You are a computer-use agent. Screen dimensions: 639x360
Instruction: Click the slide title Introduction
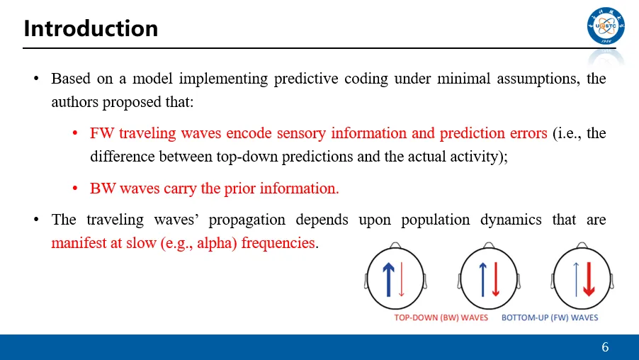(x=91, y=28)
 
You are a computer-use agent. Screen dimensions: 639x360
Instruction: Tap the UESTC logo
(x=606, y=26)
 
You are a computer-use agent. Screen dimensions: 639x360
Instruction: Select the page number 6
(x=605, y=347)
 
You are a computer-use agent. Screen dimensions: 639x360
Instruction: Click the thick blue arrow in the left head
(x=389, y=279)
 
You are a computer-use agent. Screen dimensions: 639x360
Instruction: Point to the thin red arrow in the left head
(x=402, y=279)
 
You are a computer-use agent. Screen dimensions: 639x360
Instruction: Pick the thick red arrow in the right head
(x=589, y=279)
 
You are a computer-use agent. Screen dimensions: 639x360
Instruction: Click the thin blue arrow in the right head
(x=576, y=279)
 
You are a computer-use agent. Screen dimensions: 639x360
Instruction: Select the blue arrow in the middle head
(x=483, y=279)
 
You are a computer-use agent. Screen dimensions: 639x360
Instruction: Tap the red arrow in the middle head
(x=496, y=279)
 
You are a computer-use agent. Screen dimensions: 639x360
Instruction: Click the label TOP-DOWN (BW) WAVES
(x=441, y=317)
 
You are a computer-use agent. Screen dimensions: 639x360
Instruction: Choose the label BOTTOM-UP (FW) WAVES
(x=550, y=317)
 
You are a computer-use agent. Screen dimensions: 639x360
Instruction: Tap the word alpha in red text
(x=215, y=243)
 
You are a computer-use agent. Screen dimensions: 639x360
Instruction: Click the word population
(x=435, y=220)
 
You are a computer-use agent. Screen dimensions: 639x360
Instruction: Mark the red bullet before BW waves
(x=75, y=189)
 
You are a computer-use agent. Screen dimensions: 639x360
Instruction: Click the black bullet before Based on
(x=36, y=78)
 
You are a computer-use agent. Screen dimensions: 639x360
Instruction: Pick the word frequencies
(x=278, y=243)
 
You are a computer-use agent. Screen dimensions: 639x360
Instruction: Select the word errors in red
(x=528, y=134)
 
